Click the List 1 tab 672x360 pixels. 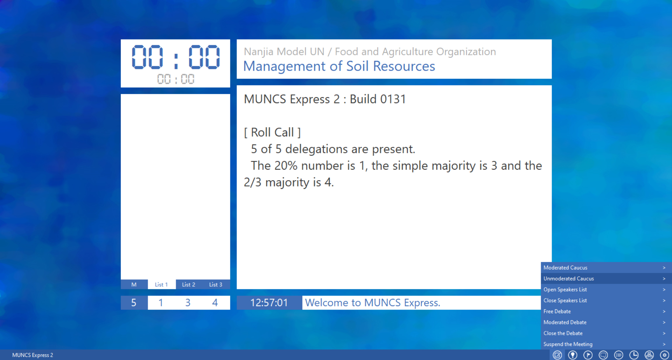click(x=161, y=284)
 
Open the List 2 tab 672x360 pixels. click(x=189, y=284)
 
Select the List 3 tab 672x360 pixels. click(x=216, y=284)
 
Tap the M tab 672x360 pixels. click(x=134, y=284)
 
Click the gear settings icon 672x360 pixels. click(x=664, y=355)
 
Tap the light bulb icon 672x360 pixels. click(x=573, y=355)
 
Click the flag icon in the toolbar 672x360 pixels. click(x=588, y=355)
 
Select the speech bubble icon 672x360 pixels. click(x=603, y=355)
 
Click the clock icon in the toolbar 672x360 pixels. click(x=634, y=355)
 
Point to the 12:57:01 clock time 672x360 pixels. click(x=269, y=303)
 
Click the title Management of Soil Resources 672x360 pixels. click(x=339, y=66)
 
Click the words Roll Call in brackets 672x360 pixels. click(x=272, y=132)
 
